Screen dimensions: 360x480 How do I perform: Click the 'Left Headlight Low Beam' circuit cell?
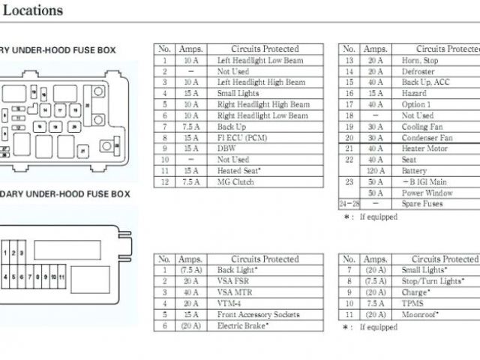(x=261, y=60)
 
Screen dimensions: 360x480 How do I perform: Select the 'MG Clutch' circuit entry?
(x=235, y=182)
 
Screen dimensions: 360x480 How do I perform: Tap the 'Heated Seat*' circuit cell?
(x=239, y=171)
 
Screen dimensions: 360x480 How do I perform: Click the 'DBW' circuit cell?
(x=226, y=148)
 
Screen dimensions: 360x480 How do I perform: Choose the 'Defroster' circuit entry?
(x=418, y=71)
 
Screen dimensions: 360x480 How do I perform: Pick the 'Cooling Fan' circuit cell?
(x=423, y=127)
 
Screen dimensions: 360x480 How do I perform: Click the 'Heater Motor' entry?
(x=424, y=148)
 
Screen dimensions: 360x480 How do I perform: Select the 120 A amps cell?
(x=376, y=171)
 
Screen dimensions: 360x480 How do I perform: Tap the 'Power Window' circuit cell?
(x=428, y=193)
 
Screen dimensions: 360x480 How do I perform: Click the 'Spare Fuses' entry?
(x=422, y=204)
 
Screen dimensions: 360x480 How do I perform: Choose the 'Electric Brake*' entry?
(x=242, y=325)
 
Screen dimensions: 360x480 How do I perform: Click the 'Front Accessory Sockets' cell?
(x=258, y=314)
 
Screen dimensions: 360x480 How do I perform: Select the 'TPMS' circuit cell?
(x=412, y=303)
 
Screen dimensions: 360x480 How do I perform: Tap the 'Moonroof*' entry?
(x=420, y=314)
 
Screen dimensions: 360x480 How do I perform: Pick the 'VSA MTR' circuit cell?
(x=234, y=292)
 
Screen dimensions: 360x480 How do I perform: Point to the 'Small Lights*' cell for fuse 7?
(x=424, y=270)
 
